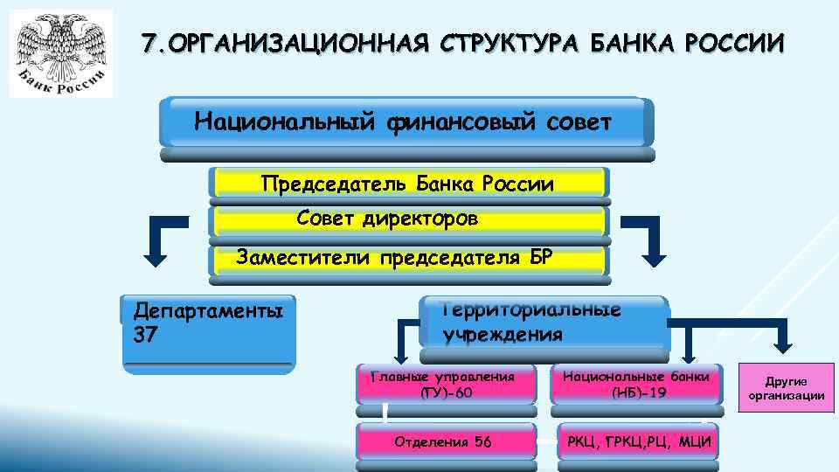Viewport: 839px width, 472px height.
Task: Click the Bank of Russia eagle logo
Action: coord(61,52)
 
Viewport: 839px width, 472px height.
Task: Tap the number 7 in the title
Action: coord(150,43)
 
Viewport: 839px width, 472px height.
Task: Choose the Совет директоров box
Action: coord(408,219)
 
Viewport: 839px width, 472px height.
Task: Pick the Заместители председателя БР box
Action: coord(408,257)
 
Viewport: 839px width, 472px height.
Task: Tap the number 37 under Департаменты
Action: coord(145,334)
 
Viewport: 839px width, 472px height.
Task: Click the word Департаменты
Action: coord(207,311)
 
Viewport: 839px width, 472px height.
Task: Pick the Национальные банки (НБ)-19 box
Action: coord(637,384)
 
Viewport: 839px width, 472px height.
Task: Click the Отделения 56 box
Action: coord(446,441)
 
